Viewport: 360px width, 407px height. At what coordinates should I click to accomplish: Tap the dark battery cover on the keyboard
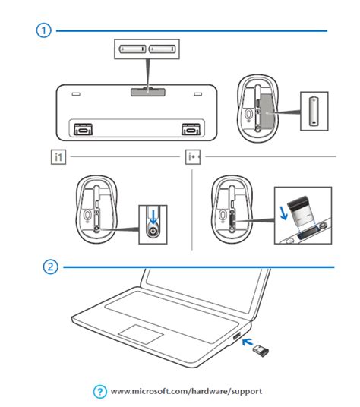coord(146,91)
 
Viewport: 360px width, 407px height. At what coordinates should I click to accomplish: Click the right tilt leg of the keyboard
coord(188,128)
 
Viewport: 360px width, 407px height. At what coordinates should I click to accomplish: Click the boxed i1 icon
coord(58,157)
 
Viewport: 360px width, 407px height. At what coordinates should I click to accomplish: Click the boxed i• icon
coord(193,157)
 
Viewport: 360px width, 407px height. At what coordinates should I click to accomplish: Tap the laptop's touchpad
coord(143,334)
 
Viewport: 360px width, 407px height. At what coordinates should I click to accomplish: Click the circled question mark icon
coord(99,391)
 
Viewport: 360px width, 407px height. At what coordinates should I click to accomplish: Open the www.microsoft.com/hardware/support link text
coord(186,391)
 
